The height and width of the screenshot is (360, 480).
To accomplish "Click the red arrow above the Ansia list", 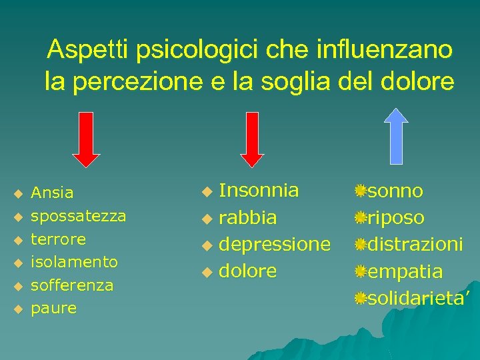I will [87, 139].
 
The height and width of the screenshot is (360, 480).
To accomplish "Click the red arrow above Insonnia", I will [253, 139].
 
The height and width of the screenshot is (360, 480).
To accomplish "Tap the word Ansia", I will [53, 193].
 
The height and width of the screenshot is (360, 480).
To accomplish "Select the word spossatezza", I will [79, 217].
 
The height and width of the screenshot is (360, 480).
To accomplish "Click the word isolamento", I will [75, 262].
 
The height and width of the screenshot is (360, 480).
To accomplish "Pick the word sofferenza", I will [72, 285].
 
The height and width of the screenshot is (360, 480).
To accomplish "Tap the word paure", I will [54, 309].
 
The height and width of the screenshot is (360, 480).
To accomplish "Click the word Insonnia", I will [259, 191].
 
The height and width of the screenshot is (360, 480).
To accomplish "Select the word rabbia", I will [248, 218].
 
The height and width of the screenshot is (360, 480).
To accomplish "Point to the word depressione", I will [275, 245].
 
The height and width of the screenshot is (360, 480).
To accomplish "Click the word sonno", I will [395, 191].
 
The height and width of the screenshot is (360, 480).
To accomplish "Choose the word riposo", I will [396, 218].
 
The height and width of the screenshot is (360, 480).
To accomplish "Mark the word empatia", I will [405, 271].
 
